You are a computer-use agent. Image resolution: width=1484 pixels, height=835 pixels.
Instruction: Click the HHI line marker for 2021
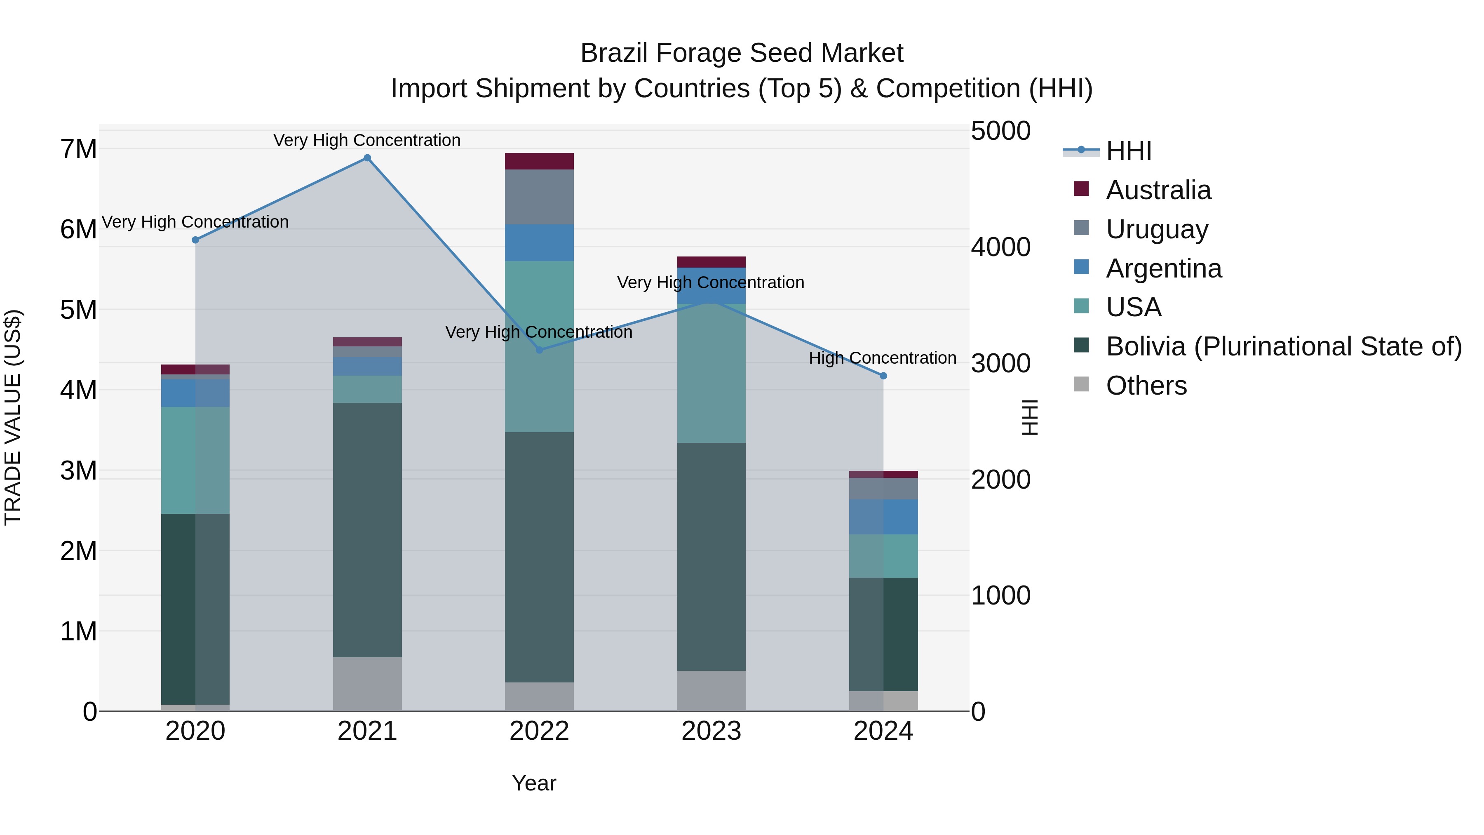pyautogui.click(x=367, y=158)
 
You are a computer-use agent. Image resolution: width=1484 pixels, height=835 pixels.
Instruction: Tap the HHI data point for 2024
pyautogui.click(x=883, y=376)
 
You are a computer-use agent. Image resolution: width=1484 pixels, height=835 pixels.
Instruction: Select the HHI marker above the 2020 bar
pyautogui.click(x=195, y=240)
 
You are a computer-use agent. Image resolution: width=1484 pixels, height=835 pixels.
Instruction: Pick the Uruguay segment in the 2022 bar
pyautogui.click(x=539, y=197)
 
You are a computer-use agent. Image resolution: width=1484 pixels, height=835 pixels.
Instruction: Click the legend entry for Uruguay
pyautogui.click(x=1157, y=229)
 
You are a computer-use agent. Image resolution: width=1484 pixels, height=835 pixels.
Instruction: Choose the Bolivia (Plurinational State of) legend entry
pyautogui.click(x=1284, y=346)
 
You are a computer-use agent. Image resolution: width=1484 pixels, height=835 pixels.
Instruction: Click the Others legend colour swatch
pyautogui.click(x=1081, y=384)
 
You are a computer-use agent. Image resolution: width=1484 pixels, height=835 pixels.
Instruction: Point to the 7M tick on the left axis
pyautogui.click(x=78, y=149)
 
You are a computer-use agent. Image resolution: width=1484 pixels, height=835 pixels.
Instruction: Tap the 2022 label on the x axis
pyautogui.click(x=539, y=731)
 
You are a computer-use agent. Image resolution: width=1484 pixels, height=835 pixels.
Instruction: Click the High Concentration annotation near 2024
pyautogui.click(x=882, y=358)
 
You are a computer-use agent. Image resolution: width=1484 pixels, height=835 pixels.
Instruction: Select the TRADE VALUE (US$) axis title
pyautogui.click(x=13, y=417)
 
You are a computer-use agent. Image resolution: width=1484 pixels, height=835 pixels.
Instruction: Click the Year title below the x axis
pyautogui.click(x=534, y=783)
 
